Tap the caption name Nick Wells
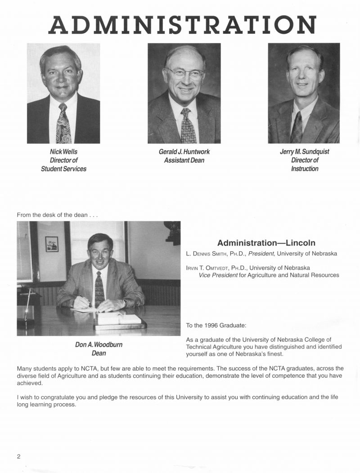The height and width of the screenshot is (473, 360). pyautogui.click(x=63, y=152)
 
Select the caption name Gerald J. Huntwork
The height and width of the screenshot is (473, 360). pyautogui.click(x=184, y=152)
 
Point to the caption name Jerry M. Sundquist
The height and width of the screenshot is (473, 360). pyautogui.click(x=304, y=152)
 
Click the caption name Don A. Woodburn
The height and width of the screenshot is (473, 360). pyautogui.click(x=99, y=344)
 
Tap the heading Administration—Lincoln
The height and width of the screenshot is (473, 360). pyautogui.click(x=266, y=243)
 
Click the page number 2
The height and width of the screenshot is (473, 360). pyautogui.click(x=19, y=457)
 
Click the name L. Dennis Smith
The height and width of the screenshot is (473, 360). pyautogui.click(x=216, y=254)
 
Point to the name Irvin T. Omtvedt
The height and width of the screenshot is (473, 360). pyautogui.click(x=214, y=268)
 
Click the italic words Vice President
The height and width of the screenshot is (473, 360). pyautogui.click(x=218, y=275)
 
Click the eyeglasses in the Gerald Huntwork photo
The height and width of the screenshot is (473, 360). pyautogui.click(x=185, y=73)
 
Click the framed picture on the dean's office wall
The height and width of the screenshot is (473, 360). pyautogui.click(x=52, y=244)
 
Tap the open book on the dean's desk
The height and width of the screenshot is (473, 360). pyautogui.click(x=119, y=318)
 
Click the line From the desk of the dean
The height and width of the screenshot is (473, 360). pyautogui.click(x=58, y=215)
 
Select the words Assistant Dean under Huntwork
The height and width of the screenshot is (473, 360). pyautogui.click(x=184, y=160)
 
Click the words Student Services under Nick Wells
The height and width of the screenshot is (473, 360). pyautogui.click(x=63, y=169)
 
